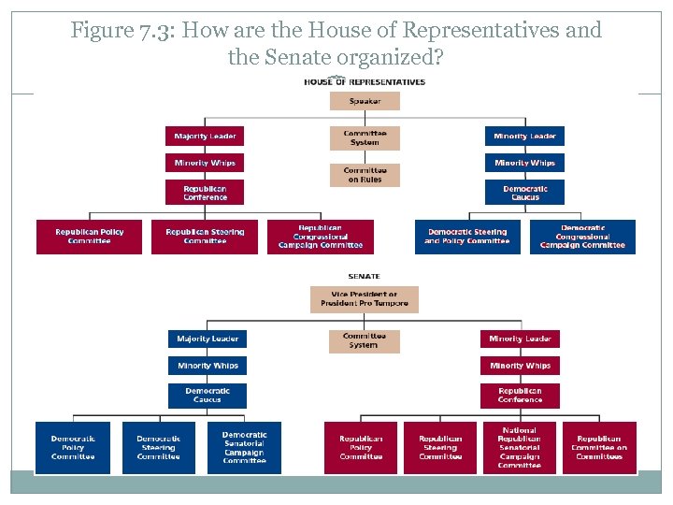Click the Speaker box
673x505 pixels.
[365, 101]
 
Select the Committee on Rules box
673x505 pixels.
[365, 176]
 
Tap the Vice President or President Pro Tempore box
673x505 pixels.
[365, 299]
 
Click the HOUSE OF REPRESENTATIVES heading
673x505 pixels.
[365, 81]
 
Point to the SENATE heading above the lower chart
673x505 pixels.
[365, 276]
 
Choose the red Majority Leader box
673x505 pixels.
[205, 137]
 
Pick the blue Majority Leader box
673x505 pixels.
[207, 339]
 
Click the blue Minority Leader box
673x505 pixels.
[524, 137]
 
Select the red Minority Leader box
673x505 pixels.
[520, 339]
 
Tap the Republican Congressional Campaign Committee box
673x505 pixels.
[320, 237]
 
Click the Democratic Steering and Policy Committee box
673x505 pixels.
[466, 237]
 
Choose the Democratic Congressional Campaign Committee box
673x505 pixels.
[583, 237]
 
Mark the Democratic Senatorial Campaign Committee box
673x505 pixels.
[244, 447]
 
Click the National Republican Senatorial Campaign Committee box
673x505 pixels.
[520, 447]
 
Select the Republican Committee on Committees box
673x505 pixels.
[599, 447]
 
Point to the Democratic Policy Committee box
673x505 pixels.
[73, 447]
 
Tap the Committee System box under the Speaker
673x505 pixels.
[365, 138]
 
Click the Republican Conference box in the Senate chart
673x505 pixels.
[520, 396]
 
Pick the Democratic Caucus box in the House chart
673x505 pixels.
[524, 193]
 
